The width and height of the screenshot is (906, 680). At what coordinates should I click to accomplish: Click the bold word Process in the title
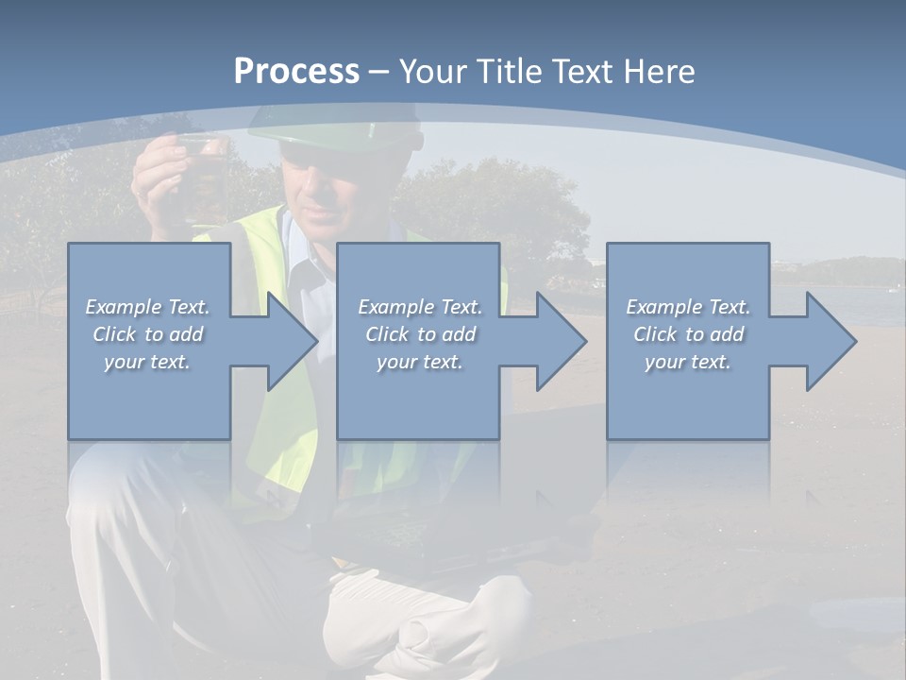pos(296,72)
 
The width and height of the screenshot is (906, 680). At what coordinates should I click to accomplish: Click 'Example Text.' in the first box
pos(148,307)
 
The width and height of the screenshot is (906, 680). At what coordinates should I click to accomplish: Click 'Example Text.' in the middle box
pos(420,307)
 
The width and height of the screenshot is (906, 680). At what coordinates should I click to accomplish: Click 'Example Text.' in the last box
pos(688,307)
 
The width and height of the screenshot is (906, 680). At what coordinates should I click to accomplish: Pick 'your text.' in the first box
pos(148,362)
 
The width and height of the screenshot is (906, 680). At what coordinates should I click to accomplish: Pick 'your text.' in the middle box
pos(420,362)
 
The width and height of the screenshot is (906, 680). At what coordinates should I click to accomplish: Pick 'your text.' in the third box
pos(688,362)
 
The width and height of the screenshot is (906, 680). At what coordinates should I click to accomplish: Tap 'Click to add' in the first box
pos(148,334)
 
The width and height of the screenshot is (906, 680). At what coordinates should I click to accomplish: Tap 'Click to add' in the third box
pos(688,334)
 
